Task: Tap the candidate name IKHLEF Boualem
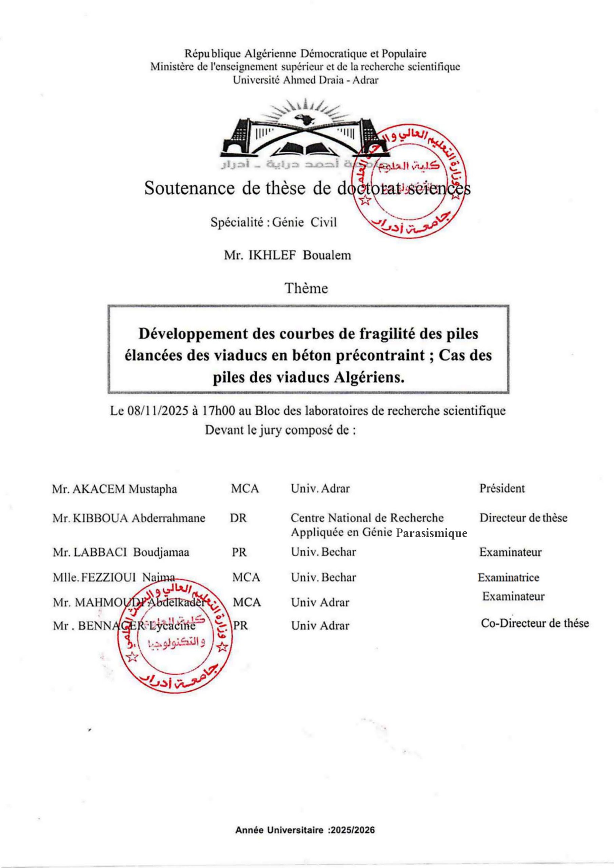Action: point(299,255)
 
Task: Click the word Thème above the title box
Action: point(306,289)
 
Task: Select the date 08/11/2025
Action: point(158,411)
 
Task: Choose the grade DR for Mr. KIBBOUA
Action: point(238,518)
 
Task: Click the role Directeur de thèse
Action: point(523,518)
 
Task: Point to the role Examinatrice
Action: point(509,578)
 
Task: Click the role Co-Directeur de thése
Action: point(535,623)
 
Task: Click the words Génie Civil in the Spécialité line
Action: point(304,222)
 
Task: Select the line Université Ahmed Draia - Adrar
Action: point(305,80)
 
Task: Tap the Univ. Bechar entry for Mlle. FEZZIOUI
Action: point(323,578)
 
